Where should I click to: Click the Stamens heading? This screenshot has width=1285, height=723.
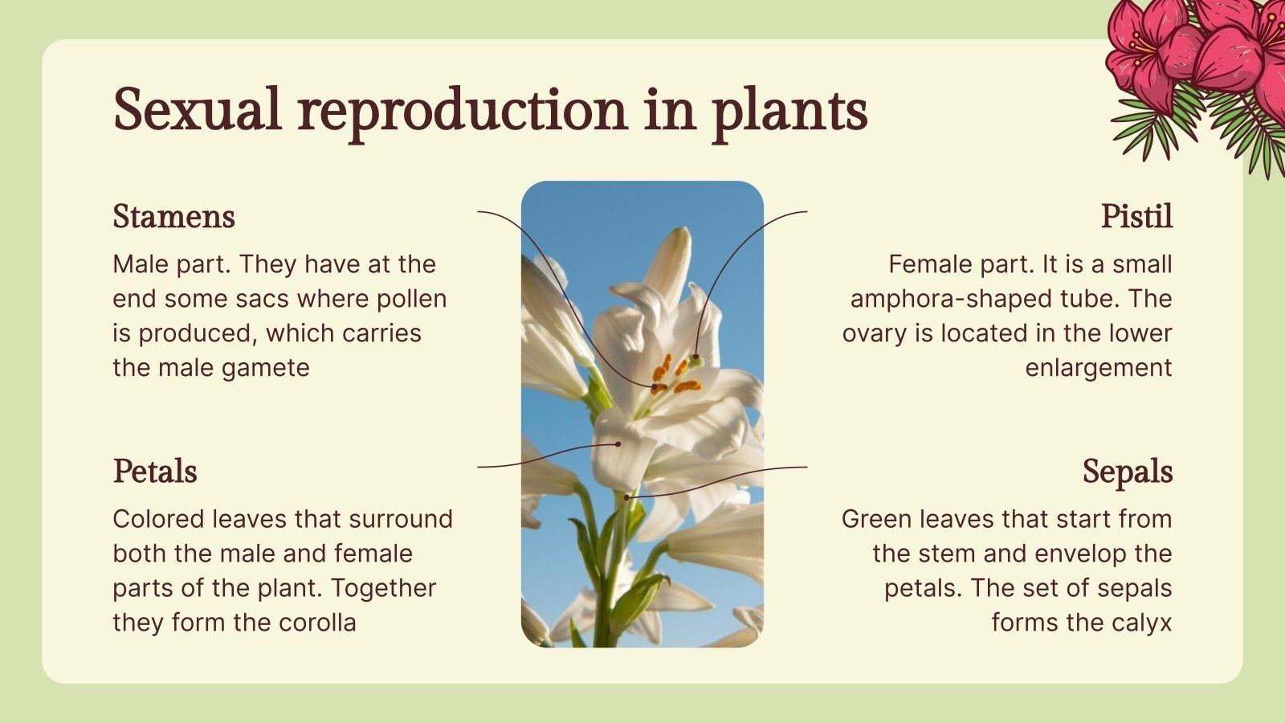(x=173, y=217)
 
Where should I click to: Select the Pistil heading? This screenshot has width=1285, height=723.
(x=1136, y=217)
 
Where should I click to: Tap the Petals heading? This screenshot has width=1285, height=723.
(x=155, y=472)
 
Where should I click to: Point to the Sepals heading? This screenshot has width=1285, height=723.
(x=1127, y=472)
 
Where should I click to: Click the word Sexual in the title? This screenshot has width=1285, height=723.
(x=198, y=110)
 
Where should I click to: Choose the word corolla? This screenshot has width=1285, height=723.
(x=317, y=623)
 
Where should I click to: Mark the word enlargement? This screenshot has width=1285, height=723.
(x=1098, y=368)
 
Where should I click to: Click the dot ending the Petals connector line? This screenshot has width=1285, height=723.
(x=618, y=443)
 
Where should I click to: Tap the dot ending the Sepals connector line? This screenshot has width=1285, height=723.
(x=627, y=498)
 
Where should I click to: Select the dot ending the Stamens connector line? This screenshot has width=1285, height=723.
(x=655, y=387)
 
